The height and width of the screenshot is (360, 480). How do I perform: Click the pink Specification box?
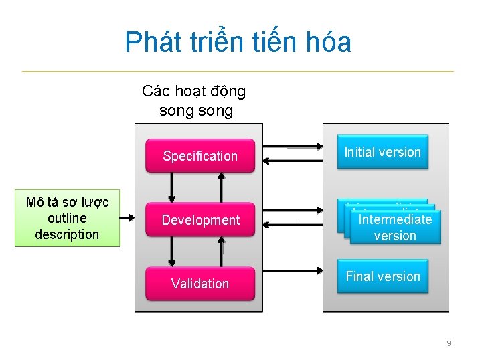(x=200, y=156)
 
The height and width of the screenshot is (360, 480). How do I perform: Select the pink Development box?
(x=200, y=220)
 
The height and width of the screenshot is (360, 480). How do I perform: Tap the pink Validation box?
(x=200, y=284)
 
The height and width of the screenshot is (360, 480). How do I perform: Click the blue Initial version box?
(x=382, y=153)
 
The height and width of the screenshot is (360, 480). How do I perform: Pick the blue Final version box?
(x=382, y=276)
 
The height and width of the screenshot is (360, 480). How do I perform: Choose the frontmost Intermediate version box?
(x=395, y=228)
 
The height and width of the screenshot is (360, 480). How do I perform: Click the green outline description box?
(x=67, y=218)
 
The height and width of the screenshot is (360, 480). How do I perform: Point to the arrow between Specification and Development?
(x=172, y=187)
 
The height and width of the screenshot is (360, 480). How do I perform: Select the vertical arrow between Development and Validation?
(x=172, y=252)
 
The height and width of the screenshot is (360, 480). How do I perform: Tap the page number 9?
(x=449, y=343)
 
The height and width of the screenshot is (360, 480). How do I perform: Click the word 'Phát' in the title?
(x=149, y=42)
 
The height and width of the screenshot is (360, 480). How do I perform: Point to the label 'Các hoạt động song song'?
(x=194, y=100)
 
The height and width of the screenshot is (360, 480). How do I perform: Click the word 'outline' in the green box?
(x=67, y=218)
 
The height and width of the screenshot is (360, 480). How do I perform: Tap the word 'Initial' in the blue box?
(x=360, y=152)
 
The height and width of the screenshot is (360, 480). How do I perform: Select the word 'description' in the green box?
(x=67, y=234)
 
